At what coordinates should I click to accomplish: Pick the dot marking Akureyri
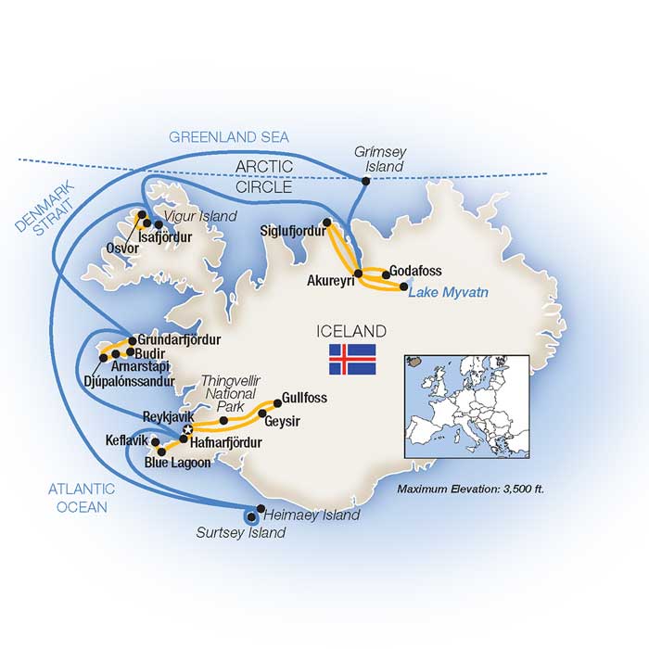(358, 272)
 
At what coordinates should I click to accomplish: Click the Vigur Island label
(189, 215)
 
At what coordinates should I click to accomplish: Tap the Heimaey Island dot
(251, 516)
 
